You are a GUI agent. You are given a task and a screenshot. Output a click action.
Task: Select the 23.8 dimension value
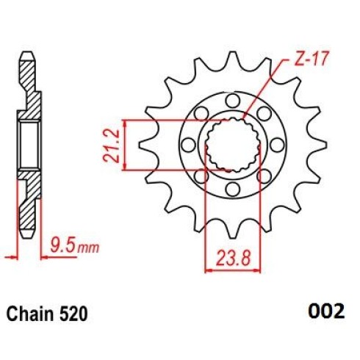tap(233, 258)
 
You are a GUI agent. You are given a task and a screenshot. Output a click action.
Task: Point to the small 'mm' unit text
tap(88, 248)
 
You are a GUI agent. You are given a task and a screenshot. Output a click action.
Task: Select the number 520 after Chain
tap(72, 314)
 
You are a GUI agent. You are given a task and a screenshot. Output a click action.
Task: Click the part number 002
tap(326, 311)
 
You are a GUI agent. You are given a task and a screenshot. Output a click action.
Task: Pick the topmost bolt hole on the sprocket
tap(233, 101)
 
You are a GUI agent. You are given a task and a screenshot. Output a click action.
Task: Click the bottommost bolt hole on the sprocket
tap(233, 189)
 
